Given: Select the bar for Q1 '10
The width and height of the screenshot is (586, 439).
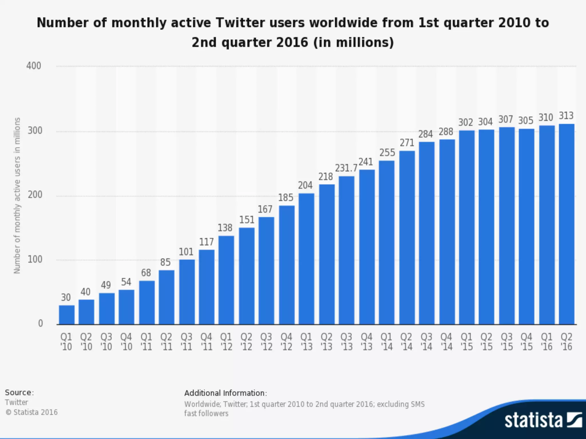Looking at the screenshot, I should click(67, 315).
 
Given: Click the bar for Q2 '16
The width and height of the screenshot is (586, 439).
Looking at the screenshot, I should click(566, 224).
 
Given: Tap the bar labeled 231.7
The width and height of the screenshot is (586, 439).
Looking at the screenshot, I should click(346, 250).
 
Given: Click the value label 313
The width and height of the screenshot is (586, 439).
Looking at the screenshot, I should click(566, 116).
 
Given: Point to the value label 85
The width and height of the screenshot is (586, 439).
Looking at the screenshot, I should click(165, 262).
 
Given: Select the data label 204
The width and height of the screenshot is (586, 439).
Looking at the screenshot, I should click(305, 185).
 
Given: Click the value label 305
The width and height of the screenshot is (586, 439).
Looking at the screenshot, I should click(526, 121).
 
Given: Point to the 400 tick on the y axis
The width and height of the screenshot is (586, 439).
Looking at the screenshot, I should click(34, 66).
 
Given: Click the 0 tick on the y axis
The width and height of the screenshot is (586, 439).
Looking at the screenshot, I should click(40, 324).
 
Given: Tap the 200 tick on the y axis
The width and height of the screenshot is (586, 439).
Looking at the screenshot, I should click(35, 195).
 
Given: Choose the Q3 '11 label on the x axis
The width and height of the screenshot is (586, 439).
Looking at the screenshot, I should click(186, 342).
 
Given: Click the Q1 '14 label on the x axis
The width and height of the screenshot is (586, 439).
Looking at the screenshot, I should click(387, 342).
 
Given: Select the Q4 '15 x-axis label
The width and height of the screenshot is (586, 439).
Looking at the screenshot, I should click(526, 342).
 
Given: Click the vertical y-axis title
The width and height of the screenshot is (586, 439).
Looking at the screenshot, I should click(17, 195).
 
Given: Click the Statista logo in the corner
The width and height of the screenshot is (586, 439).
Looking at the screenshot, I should click(543, 420).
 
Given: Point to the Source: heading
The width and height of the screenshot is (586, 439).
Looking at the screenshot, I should click(19, 392).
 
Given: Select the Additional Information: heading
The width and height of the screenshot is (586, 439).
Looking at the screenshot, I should click(225, 393).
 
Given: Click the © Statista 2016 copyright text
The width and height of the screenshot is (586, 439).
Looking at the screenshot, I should click(31, 412).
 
